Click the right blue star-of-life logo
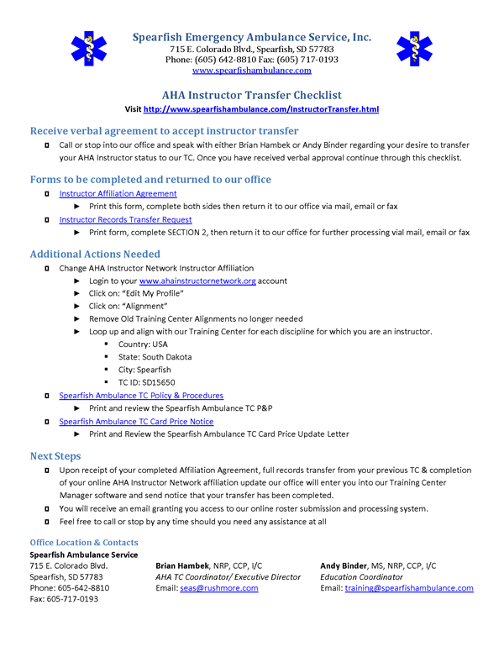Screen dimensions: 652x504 [414, 50]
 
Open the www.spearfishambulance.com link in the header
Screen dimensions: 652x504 [252, 71]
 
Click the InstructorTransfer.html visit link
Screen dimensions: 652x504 [261, 109]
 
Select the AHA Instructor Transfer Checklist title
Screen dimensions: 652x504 [252, 95]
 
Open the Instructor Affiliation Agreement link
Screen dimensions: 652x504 [118, 193]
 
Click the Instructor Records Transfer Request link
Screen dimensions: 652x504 [125, 219]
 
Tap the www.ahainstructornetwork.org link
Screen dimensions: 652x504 [197, 281]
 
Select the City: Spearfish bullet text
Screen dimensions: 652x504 [144, 370]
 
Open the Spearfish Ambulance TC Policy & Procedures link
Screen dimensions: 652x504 [141, 395]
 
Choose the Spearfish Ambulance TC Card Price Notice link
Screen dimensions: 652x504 [136, 421]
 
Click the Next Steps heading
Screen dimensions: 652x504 [57, 455]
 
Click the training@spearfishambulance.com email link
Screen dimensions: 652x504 [409, 588]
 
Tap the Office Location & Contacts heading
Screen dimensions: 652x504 [84, 543]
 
